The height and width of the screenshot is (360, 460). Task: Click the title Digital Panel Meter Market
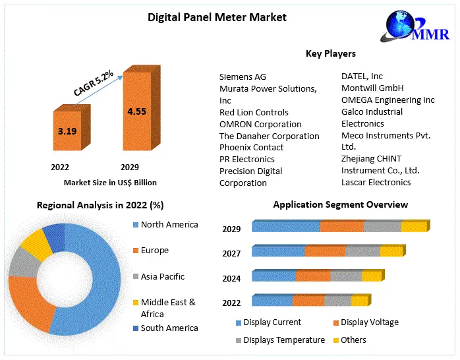217,17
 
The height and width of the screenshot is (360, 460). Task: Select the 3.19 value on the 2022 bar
67,131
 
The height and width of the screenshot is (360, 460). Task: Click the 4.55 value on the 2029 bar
136,111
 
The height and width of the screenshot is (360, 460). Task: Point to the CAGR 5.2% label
94,83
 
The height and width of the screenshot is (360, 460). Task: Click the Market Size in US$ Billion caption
110,182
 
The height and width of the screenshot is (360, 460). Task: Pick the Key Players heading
330,53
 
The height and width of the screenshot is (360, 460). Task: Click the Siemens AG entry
243,76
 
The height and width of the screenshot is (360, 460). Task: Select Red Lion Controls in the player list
254,112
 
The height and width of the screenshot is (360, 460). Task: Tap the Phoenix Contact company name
251,147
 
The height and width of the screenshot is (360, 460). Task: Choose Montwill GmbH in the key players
372,88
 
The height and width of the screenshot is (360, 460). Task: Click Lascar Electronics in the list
376,182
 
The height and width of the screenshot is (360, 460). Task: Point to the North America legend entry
169,224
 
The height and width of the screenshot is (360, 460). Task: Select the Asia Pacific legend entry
162,276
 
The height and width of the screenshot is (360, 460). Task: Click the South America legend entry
169,328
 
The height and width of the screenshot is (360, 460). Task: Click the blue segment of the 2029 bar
285,227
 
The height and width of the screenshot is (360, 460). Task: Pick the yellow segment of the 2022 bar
359,301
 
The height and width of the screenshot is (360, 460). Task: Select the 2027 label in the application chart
231,253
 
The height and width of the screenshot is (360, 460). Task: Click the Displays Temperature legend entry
283,340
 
